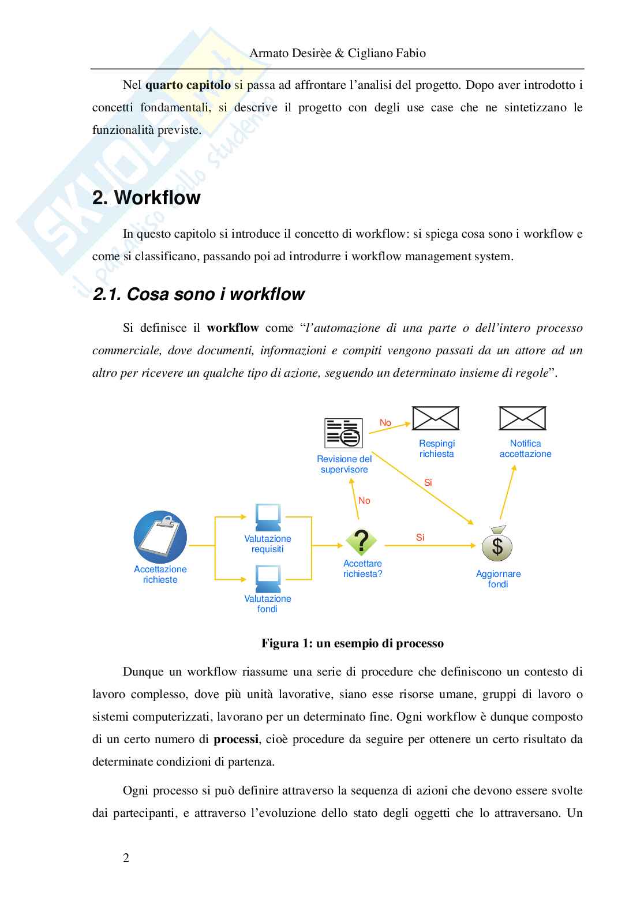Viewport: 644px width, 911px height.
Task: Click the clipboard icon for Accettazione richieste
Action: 160,537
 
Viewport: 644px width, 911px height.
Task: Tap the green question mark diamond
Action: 361,542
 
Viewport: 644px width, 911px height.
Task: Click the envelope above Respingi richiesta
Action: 435,418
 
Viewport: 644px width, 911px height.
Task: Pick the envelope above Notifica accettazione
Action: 522,418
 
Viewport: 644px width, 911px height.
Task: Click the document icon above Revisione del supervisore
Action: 343,433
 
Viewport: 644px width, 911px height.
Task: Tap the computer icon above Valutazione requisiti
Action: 268,518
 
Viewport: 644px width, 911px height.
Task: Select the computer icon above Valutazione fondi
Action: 268,579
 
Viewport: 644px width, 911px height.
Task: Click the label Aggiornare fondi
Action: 498,579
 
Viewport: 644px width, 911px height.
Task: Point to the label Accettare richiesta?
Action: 362,568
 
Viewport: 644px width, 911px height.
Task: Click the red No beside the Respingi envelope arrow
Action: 385,422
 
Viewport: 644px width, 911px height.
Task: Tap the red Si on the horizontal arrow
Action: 420,537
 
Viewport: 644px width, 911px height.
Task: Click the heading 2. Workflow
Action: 147,197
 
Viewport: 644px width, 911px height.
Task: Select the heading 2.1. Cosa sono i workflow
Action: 198,294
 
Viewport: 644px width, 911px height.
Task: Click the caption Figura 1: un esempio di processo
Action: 352,643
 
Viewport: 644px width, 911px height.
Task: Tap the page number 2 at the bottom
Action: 126,858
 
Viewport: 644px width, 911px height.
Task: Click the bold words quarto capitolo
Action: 188,85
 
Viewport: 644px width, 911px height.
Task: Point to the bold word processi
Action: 236,739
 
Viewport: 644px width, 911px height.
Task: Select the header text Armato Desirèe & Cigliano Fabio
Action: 338,53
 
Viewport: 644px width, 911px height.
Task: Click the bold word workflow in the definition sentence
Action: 233,328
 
